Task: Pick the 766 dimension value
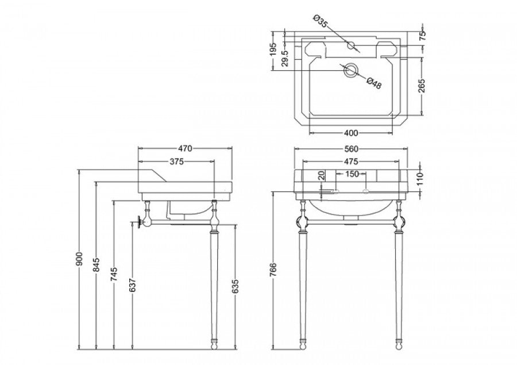pyautogui.click(x=274, y=270)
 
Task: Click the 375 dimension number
pyautogui.click(x=176, y=162)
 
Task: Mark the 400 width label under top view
pyautogui.click(x=350, y=133)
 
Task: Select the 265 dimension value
pyautogui.click(x=422, y=86)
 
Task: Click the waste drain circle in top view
pyautogui.click(x=350, y=71)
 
